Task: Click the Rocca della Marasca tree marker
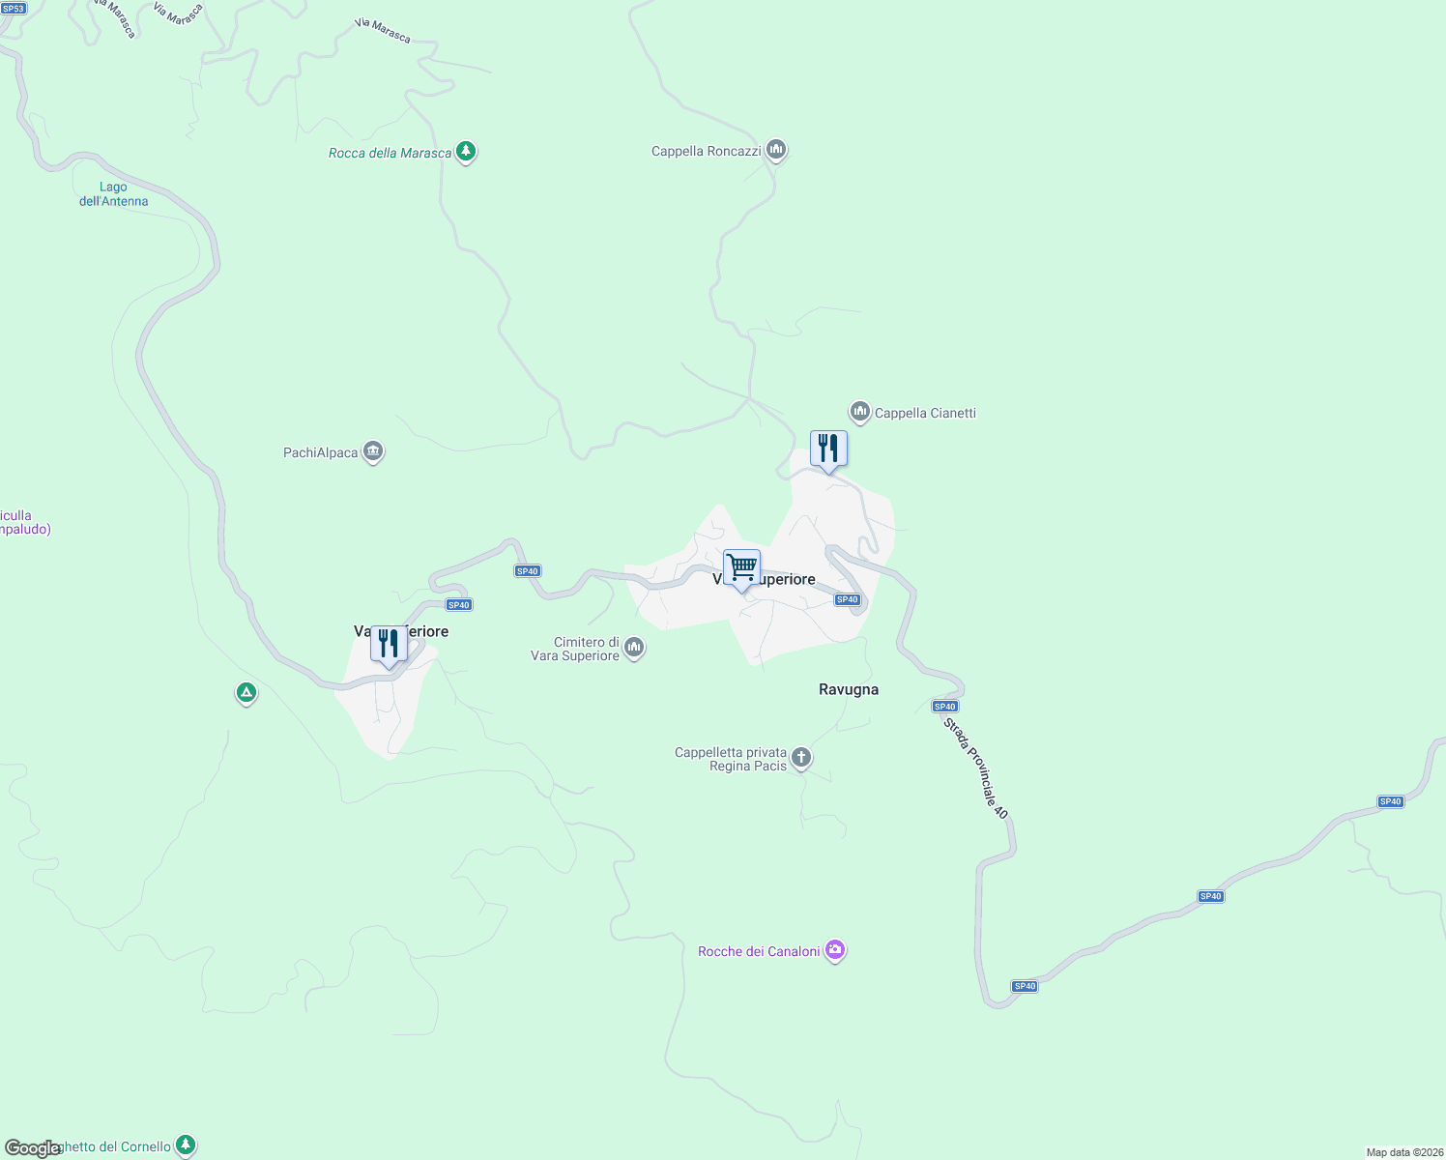click(x=466, y=152)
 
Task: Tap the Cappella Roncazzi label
click(x=706, y=151)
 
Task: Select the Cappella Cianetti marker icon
click(x=859, y=412)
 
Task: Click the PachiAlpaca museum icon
click(x=373, y=451)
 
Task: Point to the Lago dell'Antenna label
click(x=114, y=194)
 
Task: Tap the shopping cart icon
click(x=741, y=567)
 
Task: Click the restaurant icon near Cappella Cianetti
click(x=828, y=449)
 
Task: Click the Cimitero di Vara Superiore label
click(x=575, y=649)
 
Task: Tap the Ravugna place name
click(x=849, y=689)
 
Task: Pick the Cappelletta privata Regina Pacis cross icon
click(x=801, y=758)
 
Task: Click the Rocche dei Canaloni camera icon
click(x=835, y=951)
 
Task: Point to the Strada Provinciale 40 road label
click(x=976, y=768)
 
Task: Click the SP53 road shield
click(x=13, y=8)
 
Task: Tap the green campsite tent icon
click(x=246, y=692)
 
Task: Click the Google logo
click(x=32, y=1148)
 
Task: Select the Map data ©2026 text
click(x=1404, y=1152)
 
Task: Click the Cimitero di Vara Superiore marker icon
click(x=634, y=647)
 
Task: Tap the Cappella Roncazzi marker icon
click(x=775, y=151)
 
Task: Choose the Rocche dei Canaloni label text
click(x=759, y=951)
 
